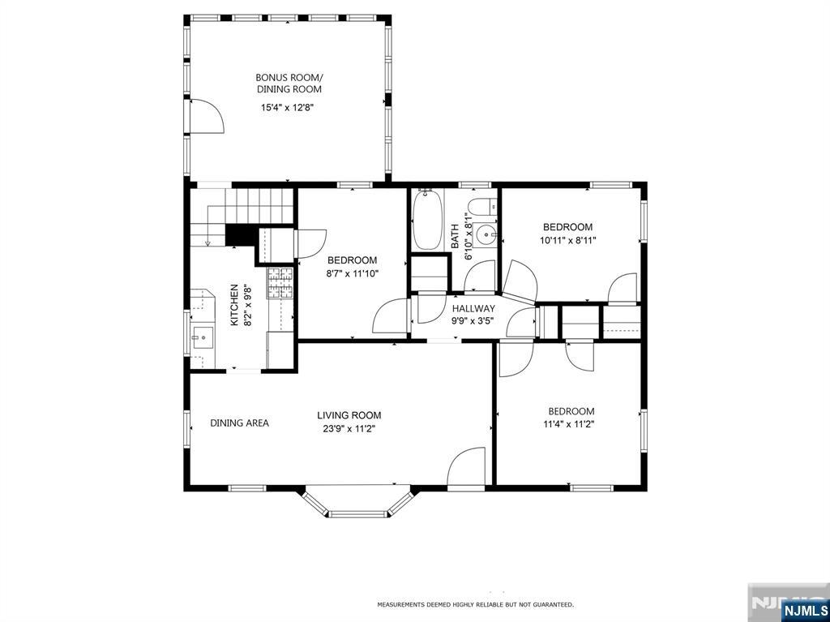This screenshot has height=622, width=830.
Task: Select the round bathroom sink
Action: coord(485,234)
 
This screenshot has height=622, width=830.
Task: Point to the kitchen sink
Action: coord(202,337)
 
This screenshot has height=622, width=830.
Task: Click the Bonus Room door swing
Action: coord(207,115)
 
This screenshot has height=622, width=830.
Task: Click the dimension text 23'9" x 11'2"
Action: coord(349,429)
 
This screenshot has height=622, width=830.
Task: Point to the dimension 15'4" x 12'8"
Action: coord(289,108)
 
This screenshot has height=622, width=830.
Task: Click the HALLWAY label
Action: coord(473,308)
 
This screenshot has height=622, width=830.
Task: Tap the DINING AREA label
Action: coord(239,423)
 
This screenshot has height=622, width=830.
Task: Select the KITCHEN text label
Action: coord(234,305)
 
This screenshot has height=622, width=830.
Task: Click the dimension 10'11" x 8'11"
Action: coord(568,240)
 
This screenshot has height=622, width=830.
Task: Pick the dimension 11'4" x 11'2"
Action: coord(571,424)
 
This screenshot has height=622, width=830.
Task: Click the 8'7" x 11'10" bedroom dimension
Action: coord(353,273)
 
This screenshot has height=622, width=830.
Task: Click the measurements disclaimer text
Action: coord(475,604)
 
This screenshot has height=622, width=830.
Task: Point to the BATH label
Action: coord(455,237)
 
